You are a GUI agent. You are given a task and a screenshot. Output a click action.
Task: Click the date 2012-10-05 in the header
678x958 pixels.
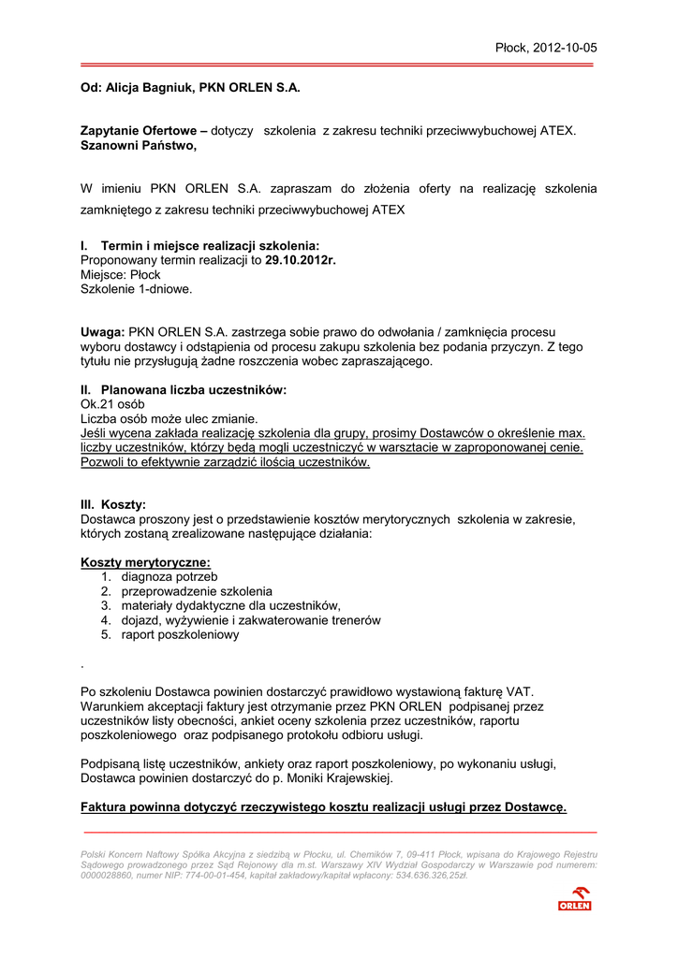point(565,48)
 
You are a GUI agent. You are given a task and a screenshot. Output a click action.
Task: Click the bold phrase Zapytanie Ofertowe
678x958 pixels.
point(140,131)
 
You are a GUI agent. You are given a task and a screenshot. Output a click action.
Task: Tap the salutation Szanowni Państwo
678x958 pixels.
point(138,145)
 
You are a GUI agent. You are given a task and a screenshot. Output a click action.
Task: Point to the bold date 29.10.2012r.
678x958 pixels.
point(300,260)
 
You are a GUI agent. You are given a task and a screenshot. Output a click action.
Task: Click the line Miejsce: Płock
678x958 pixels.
point(121,275)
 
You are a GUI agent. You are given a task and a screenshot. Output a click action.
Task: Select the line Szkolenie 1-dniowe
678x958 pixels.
point(136,289)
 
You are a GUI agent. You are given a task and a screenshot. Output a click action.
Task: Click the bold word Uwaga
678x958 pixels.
point(101,332)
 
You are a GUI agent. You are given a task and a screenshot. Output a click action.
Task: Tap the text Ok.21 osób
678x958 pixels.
point(112,404)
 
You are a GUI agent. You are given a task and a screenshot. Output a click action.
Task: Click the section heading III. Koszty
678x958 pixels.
point(113,504)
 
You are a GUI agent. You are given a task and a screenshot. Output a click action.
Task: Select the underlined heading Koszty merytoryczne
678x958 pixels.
point(146,562)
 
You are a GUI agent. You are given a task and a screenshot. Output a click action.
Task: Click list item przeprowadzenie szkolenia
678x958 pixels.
point(197,591)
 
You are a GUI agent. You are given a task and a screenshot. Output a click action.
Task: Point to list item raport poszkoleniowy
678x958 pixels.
point(180,634)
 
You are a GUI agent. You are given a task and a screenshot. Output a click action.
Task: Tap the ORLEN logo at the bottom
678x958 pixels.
point(574,899)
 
